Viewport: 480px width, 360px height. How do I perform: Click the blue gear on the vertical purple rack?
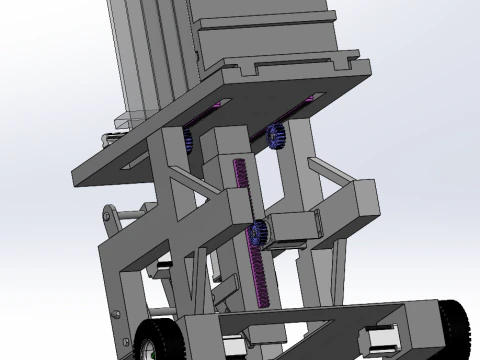259,233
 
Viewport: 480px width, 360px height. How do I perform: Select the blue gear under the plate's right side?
278,134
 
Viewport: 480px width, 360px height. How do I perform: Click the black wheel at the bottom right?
457,325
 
